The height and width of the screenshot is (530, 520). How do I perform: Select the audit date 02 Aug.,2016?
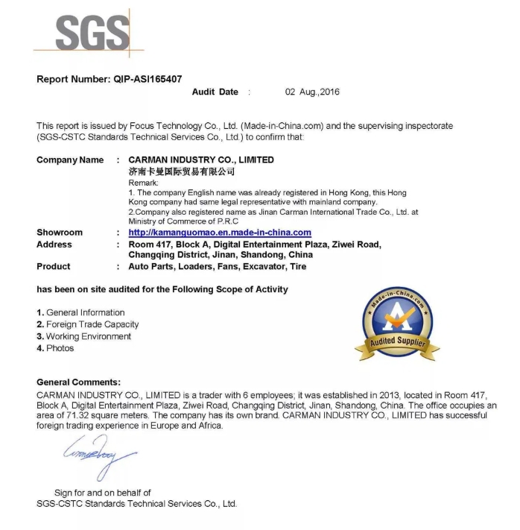[312, 92]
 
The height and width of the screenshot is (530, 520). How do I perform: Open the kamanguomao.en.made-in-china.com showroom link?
[220, 233]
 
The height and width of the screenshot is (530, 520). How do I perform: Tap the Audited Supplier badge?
[397, 324]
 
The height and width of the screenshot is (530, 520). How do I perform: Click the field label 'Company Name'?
[70, 160]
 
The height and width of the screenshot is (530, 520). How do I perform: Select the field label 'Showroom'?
[60, 233]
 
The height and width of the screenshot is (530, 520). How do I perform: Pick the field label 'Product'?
[54, 266]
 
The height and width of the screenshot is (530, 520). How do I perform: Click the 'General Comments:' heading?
[78, 382]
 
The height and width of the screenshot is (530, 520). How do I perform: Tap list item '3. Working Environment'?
[83, 336]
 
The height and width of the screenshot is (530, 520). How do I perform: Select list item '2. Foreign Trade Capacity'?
[87, 324]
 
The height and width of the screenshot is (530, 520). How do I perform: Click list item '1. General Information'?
[80, 312]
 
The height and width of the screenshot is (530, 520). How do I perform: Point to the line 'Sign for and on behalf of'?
[103, 493]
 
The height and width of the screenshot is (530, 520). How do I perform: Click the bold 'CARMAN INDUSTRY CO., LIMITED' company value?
[201, 160]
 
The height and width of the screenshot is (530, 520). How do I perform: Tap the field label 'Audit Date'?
[215, 92]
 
